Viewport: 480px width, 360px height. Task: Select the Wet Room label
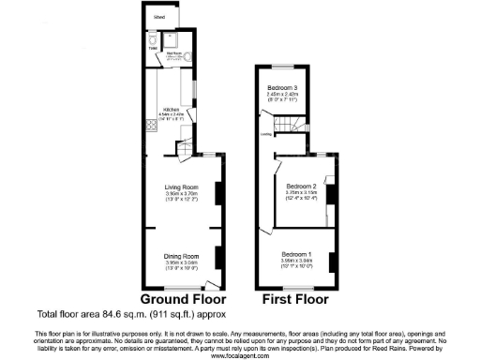click(173, 54)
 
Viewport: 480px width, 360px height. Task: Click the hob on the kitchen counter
click(149, 125)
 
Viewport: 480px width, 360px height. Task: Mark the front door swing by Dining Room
click(213, 282)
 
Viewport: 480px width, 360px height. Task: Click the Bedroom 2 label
click(301, 186)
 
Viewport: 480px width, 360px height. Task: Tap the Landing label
click(266, 133)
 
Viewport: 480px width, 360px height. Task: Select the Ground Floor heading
click(181, 301)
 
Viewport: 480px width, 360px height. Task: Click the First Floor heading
click(294, 301)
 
